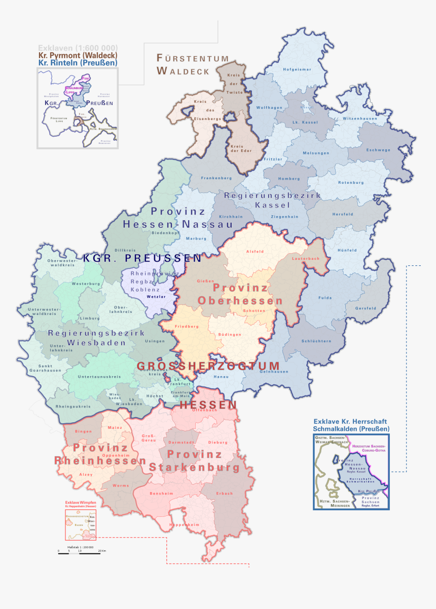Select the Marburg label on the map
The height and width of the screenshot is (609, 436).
(x=196, y=238)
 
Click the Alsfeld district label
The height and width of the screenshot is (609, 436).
(x=255, y=251)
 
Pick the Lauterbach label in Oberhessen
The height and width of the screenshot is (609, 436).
(x=306, y=259)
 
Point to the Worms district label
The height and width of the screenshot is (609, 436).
(x=120, y=485)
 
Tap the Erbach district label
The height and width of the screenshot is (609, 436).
(x=224, y=493)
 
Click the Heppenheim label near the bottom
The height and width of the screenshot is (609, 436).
(x=184, y=525)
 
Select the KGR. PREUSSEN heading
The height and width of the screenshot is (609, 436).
(x=142, y=258)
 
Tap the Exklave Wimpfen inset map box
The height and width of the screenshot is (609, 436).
(x=80, y=525)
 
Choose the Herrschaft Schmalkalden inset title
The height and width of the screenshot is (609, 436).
(x=350, y=425)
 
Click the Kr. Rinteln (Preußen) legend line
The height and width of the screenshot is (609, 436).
(x=77, y=62)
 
